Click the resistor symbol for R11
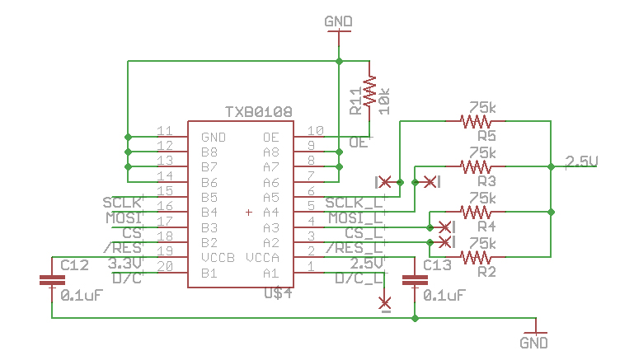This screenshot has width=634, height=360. pos(370,91)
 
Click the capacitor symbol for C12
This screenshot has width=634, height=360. pos(52,280)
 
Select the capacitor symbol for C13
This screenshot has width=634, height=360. pos(415,280)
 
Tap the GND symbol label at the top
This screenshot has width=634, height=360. pos(338,21)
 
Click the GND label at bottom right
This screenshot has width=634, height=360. pos(533,342)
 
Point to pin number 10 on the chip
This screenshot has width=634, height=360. pos(312,131)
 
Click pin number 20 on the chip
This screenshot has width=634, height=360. pos(164,266)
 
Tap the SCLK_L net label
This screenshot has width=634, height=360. pos(354,203)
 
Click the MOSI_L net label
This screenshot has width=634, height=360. pos(355,218)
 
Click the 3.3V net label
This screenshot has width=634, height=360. pos(125,263)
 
